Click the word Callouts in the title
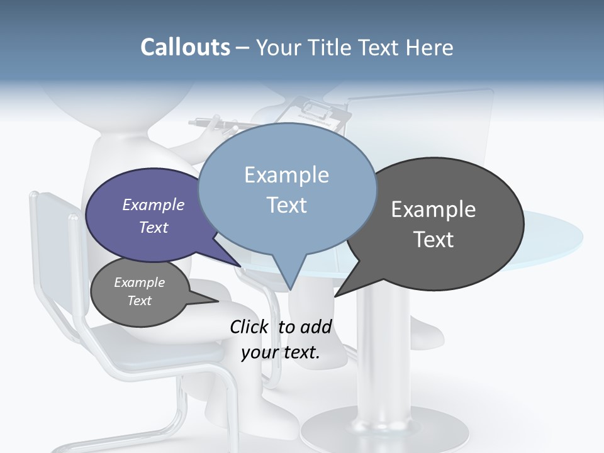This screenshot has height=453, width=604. [186, 48]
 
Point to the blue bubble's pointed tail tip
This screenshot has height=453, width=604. [291, 290]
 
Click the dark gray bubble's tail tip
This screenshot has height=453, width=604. [335, 296]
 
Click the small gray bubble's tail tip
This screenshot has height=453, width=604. [218, 301]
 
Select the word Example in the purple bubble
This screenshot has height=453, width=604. [154, 205]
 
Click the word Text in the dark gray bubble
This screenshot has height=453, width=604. [433, 240]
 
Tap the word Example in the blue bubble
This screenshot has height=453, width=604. [286, 175]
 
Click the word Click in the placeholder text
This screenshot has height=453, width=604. [250, 327]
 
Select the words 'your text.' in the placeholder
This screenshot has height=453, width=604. [281, 352]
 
